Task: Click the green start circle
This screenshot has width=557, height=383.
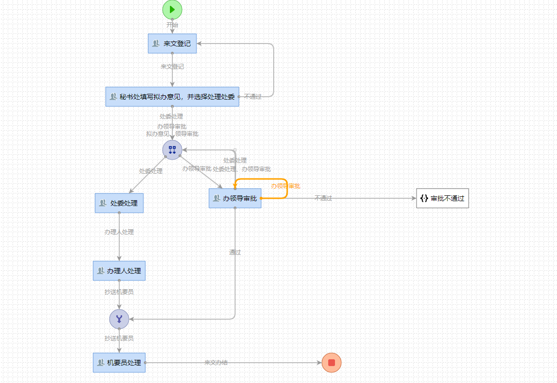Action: coord(172,10)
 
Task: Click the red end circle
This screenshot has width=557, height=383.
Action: coord(332,363)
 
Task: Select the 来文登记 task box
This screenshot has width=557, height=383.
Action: coord(172,44)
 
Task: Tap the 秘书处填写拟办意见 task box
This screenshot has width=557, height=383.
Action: coord(172,97)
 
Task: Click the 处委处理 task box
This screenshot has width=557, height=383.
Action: coord(119,203)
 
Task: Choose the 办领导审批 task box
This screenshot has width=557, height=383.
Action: coord(235,198)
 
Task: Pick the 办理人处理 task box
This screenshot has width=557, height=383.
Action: coord(119,271)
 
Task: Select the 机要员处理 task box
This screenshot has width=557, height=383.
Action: coord(119,363)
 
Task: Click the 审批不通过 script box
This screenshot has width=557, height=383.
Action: coord(443,198)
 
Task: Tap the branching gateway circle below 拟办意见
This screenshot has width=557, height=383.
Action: coord(172,150)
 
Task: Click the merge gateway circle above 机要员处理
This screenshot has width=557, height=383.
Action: coord(119,319)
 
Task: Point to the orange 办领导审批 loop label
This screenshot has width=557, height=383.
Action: coord(285,186)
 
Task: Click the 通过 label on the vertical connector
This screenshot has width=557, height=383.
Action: coord(235,252)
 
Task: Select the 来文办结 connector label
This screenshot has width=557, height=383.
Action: coord(216,363)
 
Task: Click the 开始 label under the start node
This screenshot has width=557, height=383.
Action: coord(172,25)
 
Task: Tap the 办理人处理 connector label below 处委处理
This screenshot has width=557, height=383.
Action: coord(119,232)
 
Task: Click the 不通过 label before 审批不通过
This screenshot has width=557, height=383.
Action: coord(323,198)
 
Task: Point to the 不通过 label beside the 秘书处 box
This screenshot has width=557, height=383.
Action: coord(253,97)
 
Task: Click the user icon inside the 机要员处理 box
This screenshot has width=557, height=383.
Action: coord(101,363)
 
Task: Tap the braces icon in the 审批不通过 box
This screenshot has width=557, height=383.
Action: coord(424,198)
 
